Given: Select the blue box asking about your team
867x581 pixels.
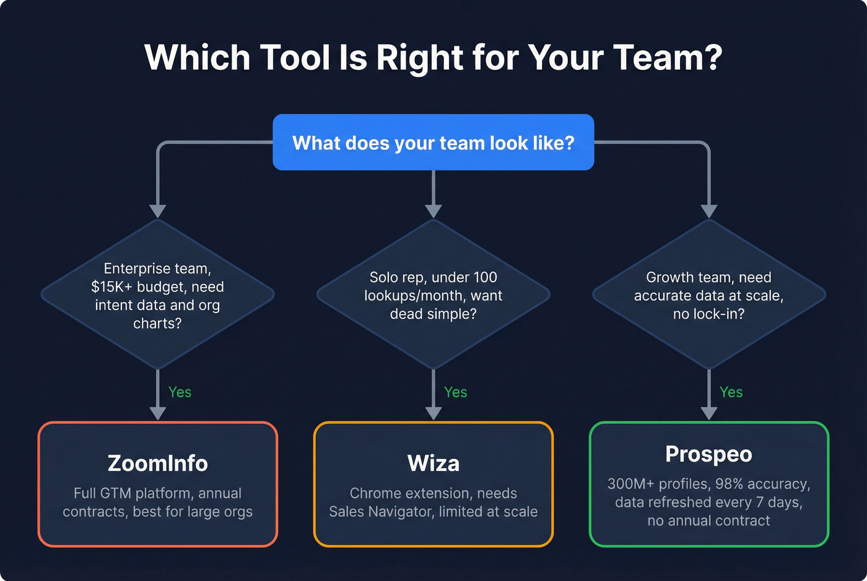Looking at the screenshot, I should click(433, 142).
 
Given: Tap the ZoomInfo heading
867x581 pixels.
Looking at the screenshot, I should click(157, 463).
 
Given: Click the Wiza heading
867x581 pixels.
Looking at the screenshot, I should click(433, 463).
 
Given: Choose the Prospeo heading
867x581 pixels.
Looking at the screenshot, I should click(708, 454).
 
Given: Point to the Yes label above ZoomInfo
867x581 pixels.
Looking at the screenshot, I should click(180, 392).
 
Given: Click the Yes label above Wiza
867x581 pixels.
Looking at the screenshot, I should click(455, 392).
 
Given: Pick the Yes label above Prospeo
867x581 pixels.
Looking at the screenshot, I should click(731, 392).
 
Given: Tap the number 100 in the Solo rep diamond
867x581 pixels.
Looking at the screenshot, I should click(485, 278).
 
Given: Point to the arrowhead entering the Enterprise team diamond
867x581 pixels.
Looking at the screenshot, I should click(158, 211).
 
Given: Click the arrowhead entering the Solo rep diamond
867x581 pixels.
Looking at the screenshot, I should click(434, 211).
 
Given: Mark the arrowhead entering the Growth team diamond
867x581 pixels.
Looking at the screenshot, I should click(709, 211).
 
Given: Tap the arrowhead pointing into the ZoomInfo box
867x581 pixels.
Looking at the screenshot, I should click(158, 413).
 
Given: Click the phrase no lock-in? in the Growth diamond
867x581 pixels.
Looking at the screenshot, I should click(708, 314).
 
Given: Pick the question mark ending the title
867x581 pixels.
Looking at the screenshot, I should click(713, 58).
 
